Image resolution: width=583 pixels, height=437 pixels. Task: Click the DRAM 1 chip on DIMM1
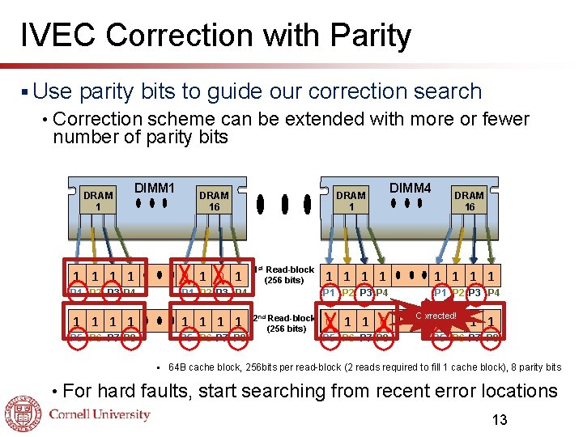click(x=98, y=201)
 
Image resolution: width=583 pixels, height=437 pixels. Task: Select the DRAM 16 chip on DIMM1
click(x=214, y=201)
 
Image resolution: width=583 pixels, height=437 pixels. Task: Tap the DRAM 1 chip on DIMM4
click(x=351, y=201)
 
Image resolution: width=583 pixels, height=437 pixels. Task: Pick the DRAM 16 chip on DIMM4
click(x=469, y=201)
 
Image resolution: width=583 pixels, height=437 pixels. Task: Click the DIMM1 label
click(x=155, y=189)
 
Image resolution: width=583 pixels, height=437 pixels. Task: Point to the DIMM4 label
click(x=411, y=189)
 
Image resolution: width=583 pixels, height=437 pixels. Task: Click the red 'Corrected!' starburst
click(x=436, y=315)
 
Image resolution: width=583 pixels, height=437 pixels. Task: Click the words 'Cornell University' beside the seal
click(x=100, y=414)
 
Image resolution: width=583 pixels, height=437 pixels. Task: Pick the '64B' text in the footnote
click(x=179, y=367)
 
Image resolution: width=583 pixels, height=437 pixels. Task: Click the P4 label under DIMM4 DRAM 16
click(x=492, y=292)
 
